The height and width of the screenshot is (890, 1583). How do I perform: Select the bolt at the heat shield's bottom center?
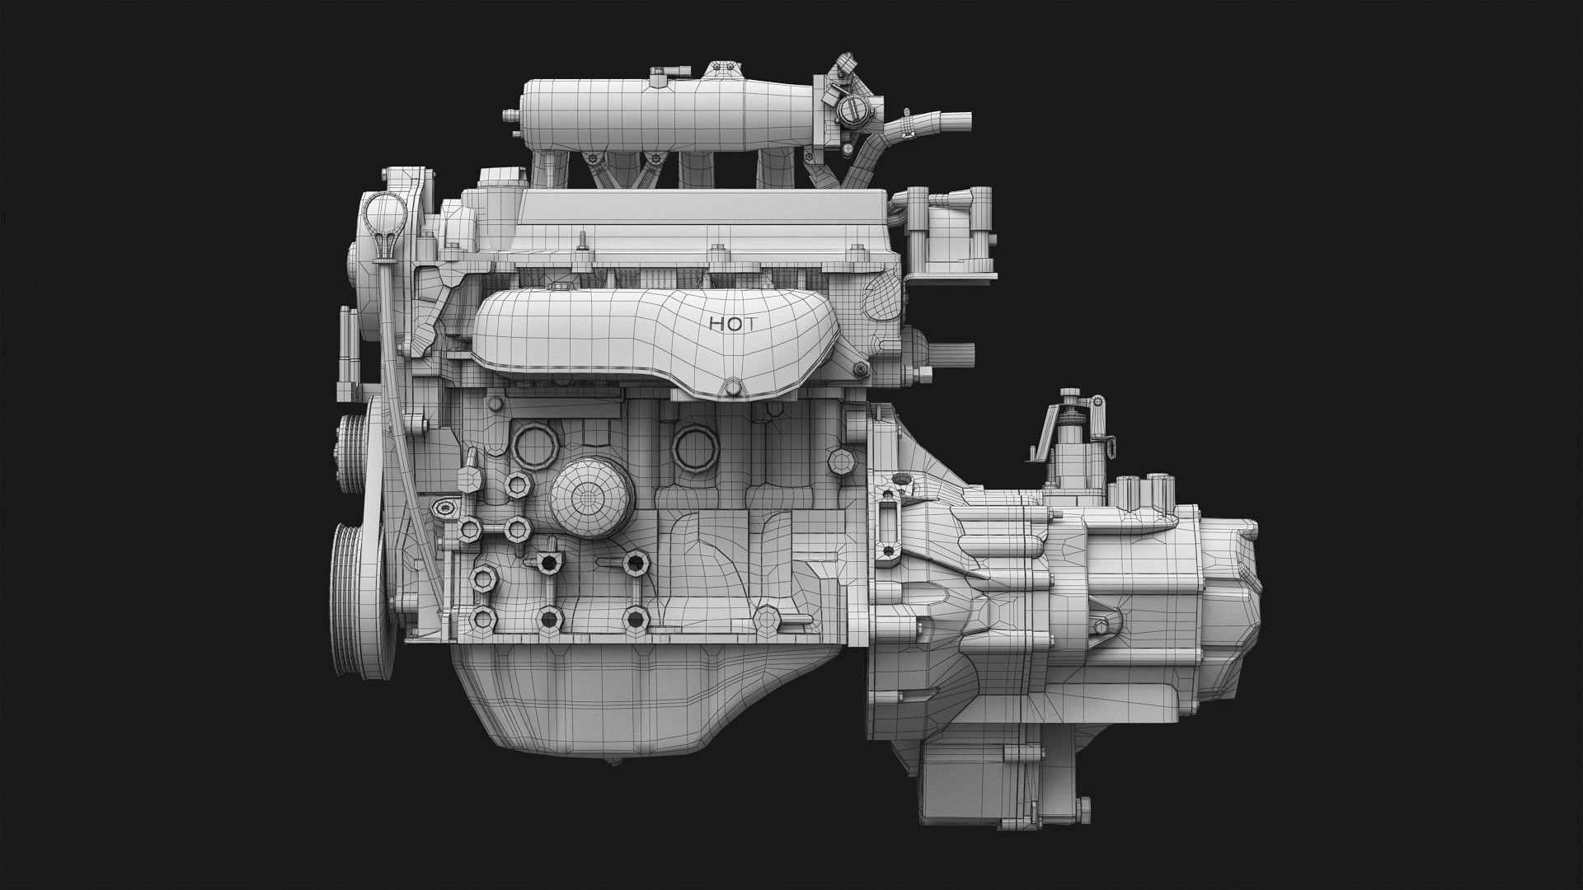(x=730, y=389)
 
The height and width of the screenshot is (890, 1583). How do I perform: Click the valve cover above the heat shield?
(x=701, y=218)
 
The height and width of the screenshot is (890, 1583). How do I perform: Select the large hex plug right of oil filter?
(x=694, y=449)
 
